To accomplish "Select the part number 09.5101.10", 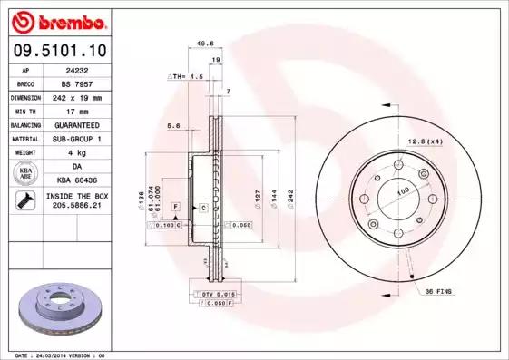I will (x=56, y=50).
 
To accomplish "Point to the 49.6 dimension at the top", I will (x=205, y=42).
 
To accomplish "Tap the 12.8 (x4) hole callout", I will (x=425, y=141).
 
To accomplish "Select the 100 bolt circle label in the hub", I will (x=402, y=190).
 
